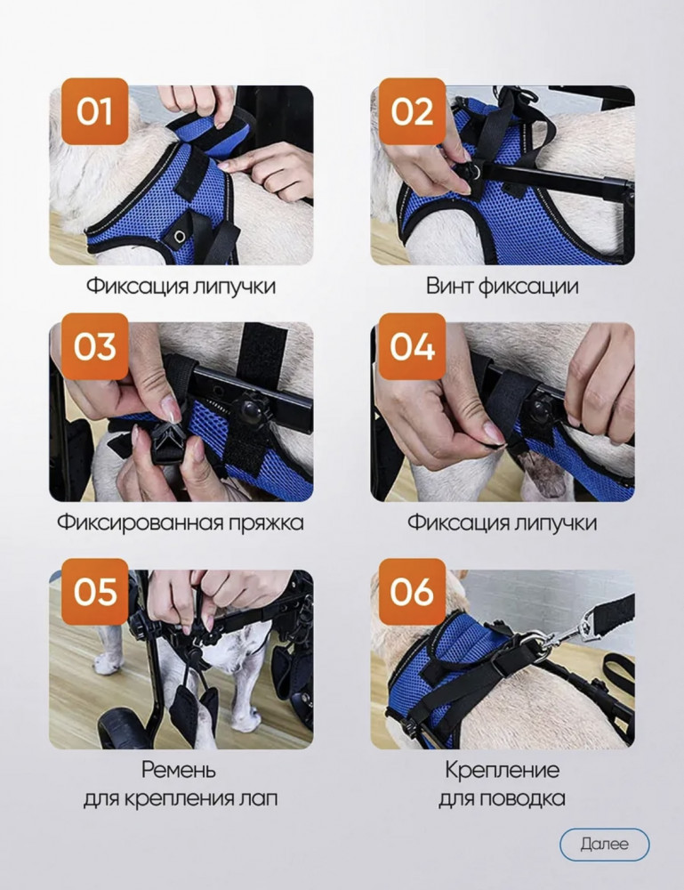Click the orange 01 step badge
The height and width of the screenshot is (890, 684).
[x=95, y=111]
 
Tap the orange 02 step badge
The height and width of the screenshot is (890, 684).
[x=413, y=111]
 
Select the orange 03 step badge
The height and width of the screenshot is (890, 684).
[x=95, y=346]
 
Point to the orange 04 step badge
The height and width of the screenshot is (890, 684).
[x=413, y=346]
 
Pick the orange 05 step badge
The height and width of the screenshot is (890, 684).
[x=95, y=592]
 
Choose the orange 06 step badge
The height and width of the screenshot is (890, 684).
[x=413, y=592]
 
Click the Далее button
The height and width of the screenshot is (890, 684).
[x=605, y=844]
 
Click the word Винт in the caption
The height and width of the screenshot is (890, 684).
[x=449, y=286]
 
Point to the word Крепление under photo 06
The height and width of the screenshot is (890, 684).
[x=502, y=770]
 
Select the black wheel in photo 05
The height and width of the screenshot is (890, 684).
[x=123, y=731]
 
